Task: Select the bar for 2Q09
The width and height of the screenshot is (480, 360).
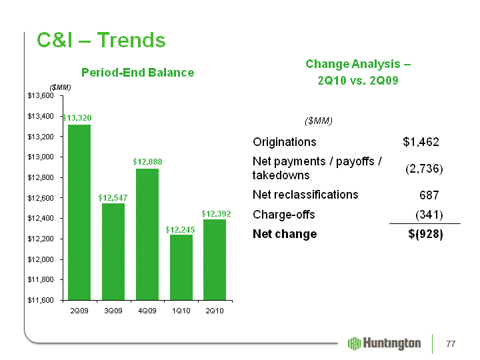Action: point(79,212)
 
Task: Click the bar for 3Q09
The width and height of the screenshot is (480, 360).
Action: point(113,251)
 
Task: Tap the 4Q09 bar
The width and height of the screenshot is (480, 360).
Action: point(147,234)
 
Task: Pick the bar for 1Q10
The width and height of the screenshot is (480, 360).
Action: point(181,267)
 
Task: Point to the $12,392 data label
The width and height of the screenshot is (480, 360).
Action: point(216,214)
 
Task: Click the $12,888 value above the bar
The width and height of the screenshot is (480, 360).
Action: point(147,161)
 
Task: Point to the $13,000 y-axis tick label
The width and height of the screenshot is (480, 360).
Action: point(41,157)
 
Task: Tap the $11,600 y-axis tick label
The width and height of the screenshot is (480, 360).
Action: point(41,300)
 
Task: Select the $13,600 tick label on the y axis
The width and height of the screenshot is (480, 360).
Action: point(41,96)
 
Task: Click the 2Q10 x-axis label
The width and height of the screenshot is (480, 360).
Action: point(215,311)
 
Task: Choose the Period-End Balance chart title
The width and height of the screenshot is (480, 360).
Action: point(138,73)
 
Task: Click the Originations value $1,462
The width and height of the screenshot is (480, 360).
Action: point(421,142)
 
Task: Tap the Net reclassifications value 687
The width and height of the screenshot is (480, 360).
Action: point(429,195)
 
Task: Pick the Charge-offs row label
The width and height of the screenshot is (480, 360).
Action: point(284,215)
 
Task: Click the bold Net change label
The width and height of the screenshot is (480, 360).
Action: point(285,234)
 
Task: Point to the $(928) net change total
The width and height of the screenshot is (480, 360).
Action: point(425,234)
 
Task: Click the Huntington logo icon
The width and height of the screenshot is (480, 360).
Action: point(355,343)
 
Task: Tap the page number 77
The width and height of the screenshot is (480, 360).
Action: point(451,344)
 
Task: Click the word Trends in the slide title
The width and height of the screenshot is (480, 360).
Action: point(131,40)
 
